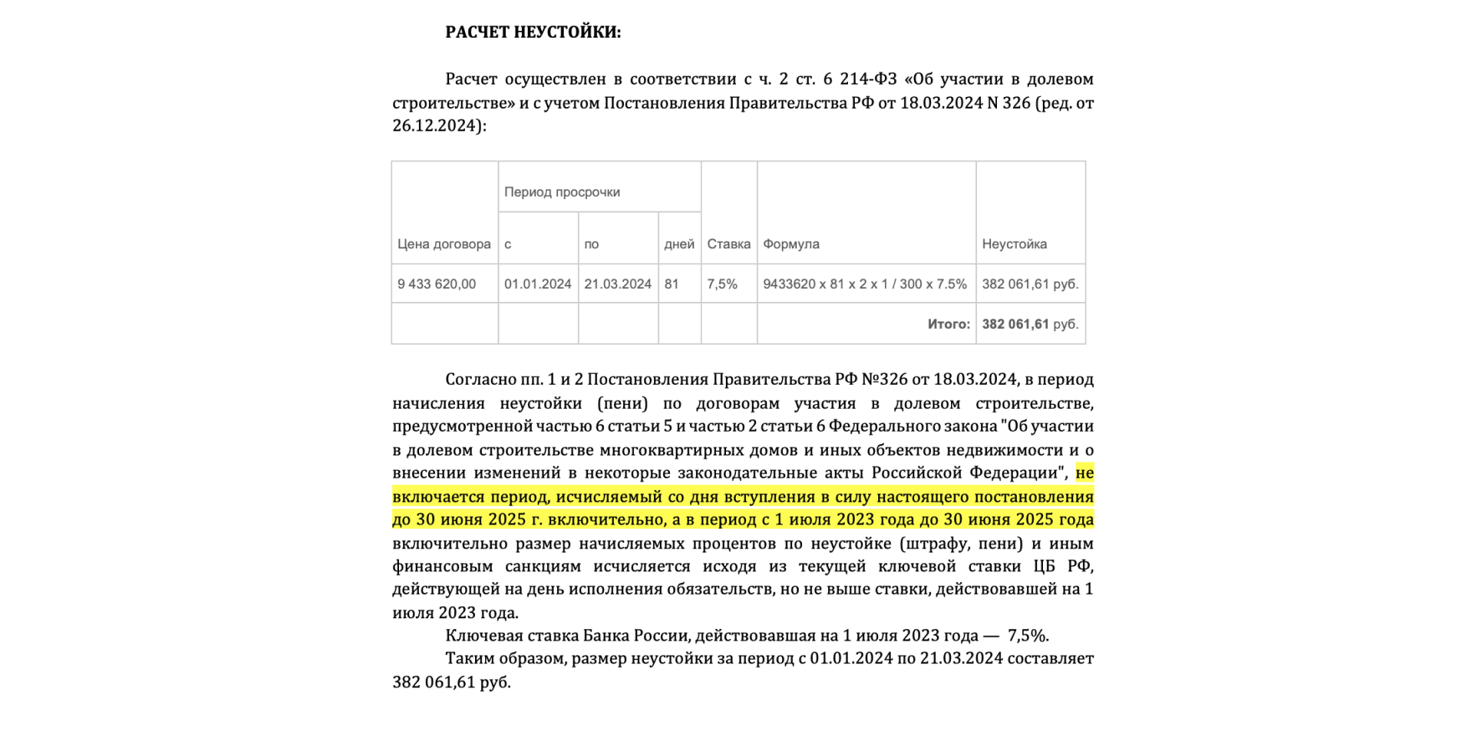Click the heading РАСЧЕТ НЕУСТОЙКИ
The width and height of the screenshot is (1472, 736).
533,33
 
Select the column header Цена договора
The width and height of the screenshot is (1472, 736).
444,244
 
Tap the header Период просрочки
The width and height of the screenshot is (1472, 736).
562,192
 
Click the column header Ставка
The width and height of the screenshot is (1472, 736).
728,244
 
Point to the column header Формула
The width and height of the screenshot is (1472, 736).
791,244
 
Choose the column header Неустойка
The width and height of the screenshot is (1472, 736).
1015,244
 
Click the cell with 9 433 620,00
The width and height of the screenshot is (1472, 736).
437,284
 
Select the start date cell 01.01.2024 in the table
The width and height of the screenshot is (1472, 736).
538,284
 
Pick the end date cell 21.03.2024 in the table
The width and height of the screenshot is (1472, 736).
618,284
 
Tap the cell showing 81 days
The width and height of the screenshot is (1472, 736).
672,284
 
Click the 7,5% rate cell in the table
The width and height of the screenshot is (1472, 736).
723,284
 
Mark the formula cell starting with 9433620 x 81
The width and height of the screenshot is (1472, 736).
865,284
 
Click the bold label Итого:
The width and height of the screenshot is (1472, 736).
948,325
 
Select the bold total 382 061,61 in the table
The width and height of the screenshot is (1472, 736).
1015,325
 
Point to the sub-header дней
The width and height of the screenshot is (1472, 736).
679,244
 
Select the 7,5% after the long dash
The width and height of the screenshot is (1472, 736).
1028,636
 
